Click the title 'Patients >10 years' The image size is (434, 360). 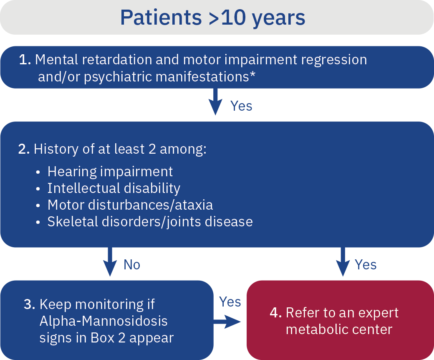tap(213, 18)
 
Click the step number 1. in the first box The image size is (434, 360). tap(25, 60)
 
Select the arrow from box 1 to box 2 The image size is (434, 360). tap(215, 101)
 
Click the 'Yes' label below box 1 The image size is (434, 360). tap(241, 106)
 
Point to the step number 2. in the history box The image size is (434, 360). tap(24, 149)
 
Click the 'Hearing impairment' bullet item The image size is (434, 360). tap(110, 171)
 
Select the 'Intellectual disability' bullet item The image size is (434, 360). tap(114, 188)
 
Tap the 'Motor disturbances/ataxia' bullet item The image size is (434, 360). tap(130, 205)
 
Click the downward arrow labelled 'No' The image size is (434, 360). tap(110, 261)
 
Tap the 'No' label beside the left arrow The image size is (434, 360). tap(132, 265)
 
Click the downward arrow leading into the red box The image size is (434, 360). tap(343, 261)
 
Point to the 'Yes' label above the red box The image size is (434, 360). tap(366, 265)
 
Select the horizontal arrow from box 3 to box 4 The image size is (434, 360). tap(228, 321)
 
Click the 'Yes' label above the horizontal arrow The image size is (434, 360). tap(230, 302)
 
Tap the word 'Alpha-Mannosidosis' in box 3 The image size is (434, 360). tap(103, 321)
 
